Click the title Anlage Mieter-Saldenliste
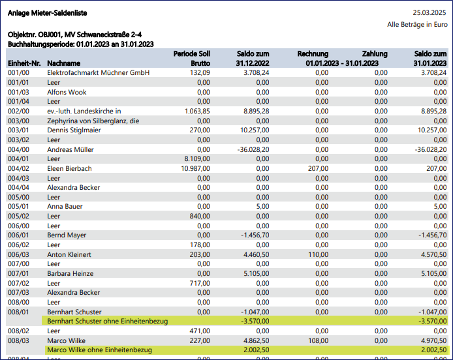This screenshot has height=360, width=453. point(47,13)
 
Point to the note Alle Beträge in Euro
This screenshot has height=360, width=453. point(417,24)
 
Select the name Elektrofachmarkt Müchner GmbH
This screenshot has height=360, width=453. point(99,73)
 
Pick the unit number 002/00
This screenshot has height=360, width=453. point(18,111)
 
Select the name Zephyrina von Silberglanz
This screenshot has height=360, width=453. point(93,121)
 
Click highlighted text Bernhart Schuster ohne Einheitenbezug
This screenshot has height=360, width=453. point(108,321)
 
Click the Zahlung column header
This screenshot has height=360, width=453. point(374,53)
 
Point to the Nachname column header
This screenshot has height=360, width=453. point(64,63)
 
